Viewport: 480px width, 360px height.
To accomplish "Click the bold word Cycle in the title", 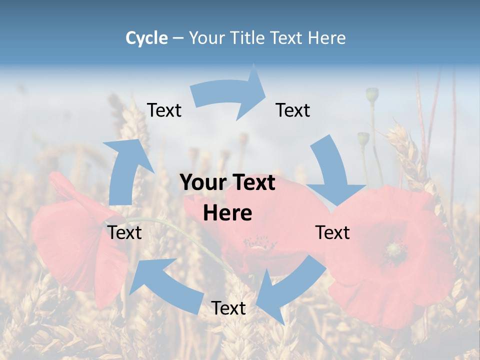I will point(146,38).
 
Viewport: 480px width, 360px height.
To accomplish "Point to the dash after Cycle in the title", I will point(178,38).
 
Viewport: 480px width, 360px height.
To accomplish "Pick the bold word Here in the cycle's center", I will point(227,213).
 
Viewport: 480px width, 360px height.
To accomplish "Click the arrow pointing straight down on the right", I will point(332,172).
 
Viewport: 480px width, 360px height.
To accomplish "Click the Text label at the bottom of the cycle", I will point(228,308).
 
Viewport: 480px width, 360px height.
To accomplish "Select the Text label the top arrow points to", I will point(293,110).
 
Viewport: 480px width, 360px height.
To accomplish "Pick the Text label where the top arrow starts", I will point(164,110).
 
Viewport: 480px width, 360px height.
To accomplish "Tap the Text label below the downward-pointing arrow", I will point(332,232).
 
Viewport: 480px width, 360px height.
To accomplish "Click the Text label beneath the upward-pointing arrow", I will point(125,232).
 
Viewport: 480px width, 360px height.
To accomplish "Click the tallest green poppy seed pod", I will point(372,94).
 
